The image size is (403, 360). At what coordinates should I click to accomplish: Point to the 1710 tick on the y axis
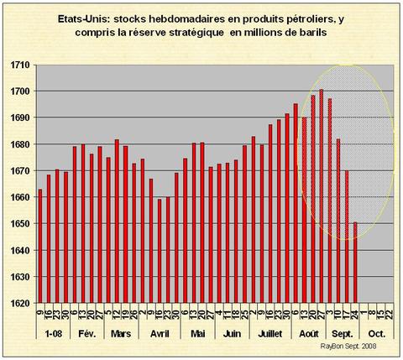(x=19, y=65)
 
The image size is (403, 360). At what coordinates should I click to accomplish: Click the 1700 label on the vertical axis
(x=19, y=91)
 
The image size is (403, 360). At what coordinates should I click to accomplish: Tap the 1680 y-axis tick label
(x=19, y=144)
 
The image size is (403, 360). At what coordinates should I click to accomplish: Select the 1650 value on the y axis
(x=19, y=224)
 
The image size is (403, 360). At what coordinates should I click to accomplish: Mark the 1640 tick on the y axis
(x=19, y=250)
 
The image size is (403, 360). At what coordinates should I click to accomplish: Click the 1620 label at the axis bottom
(x=19, y=303)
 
